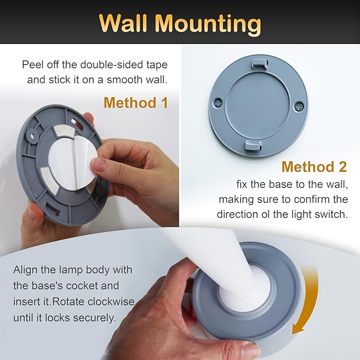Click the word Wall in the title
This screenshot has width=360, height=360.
[127, 24]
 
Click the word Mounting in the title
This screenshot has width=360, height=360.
[214, 24]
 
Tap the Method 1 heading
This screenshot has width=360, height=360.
[136, 102]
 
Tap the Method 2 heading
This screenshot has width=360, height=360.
[314, 166]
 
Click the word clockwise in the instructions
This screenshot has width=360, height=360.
[110, 302]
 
